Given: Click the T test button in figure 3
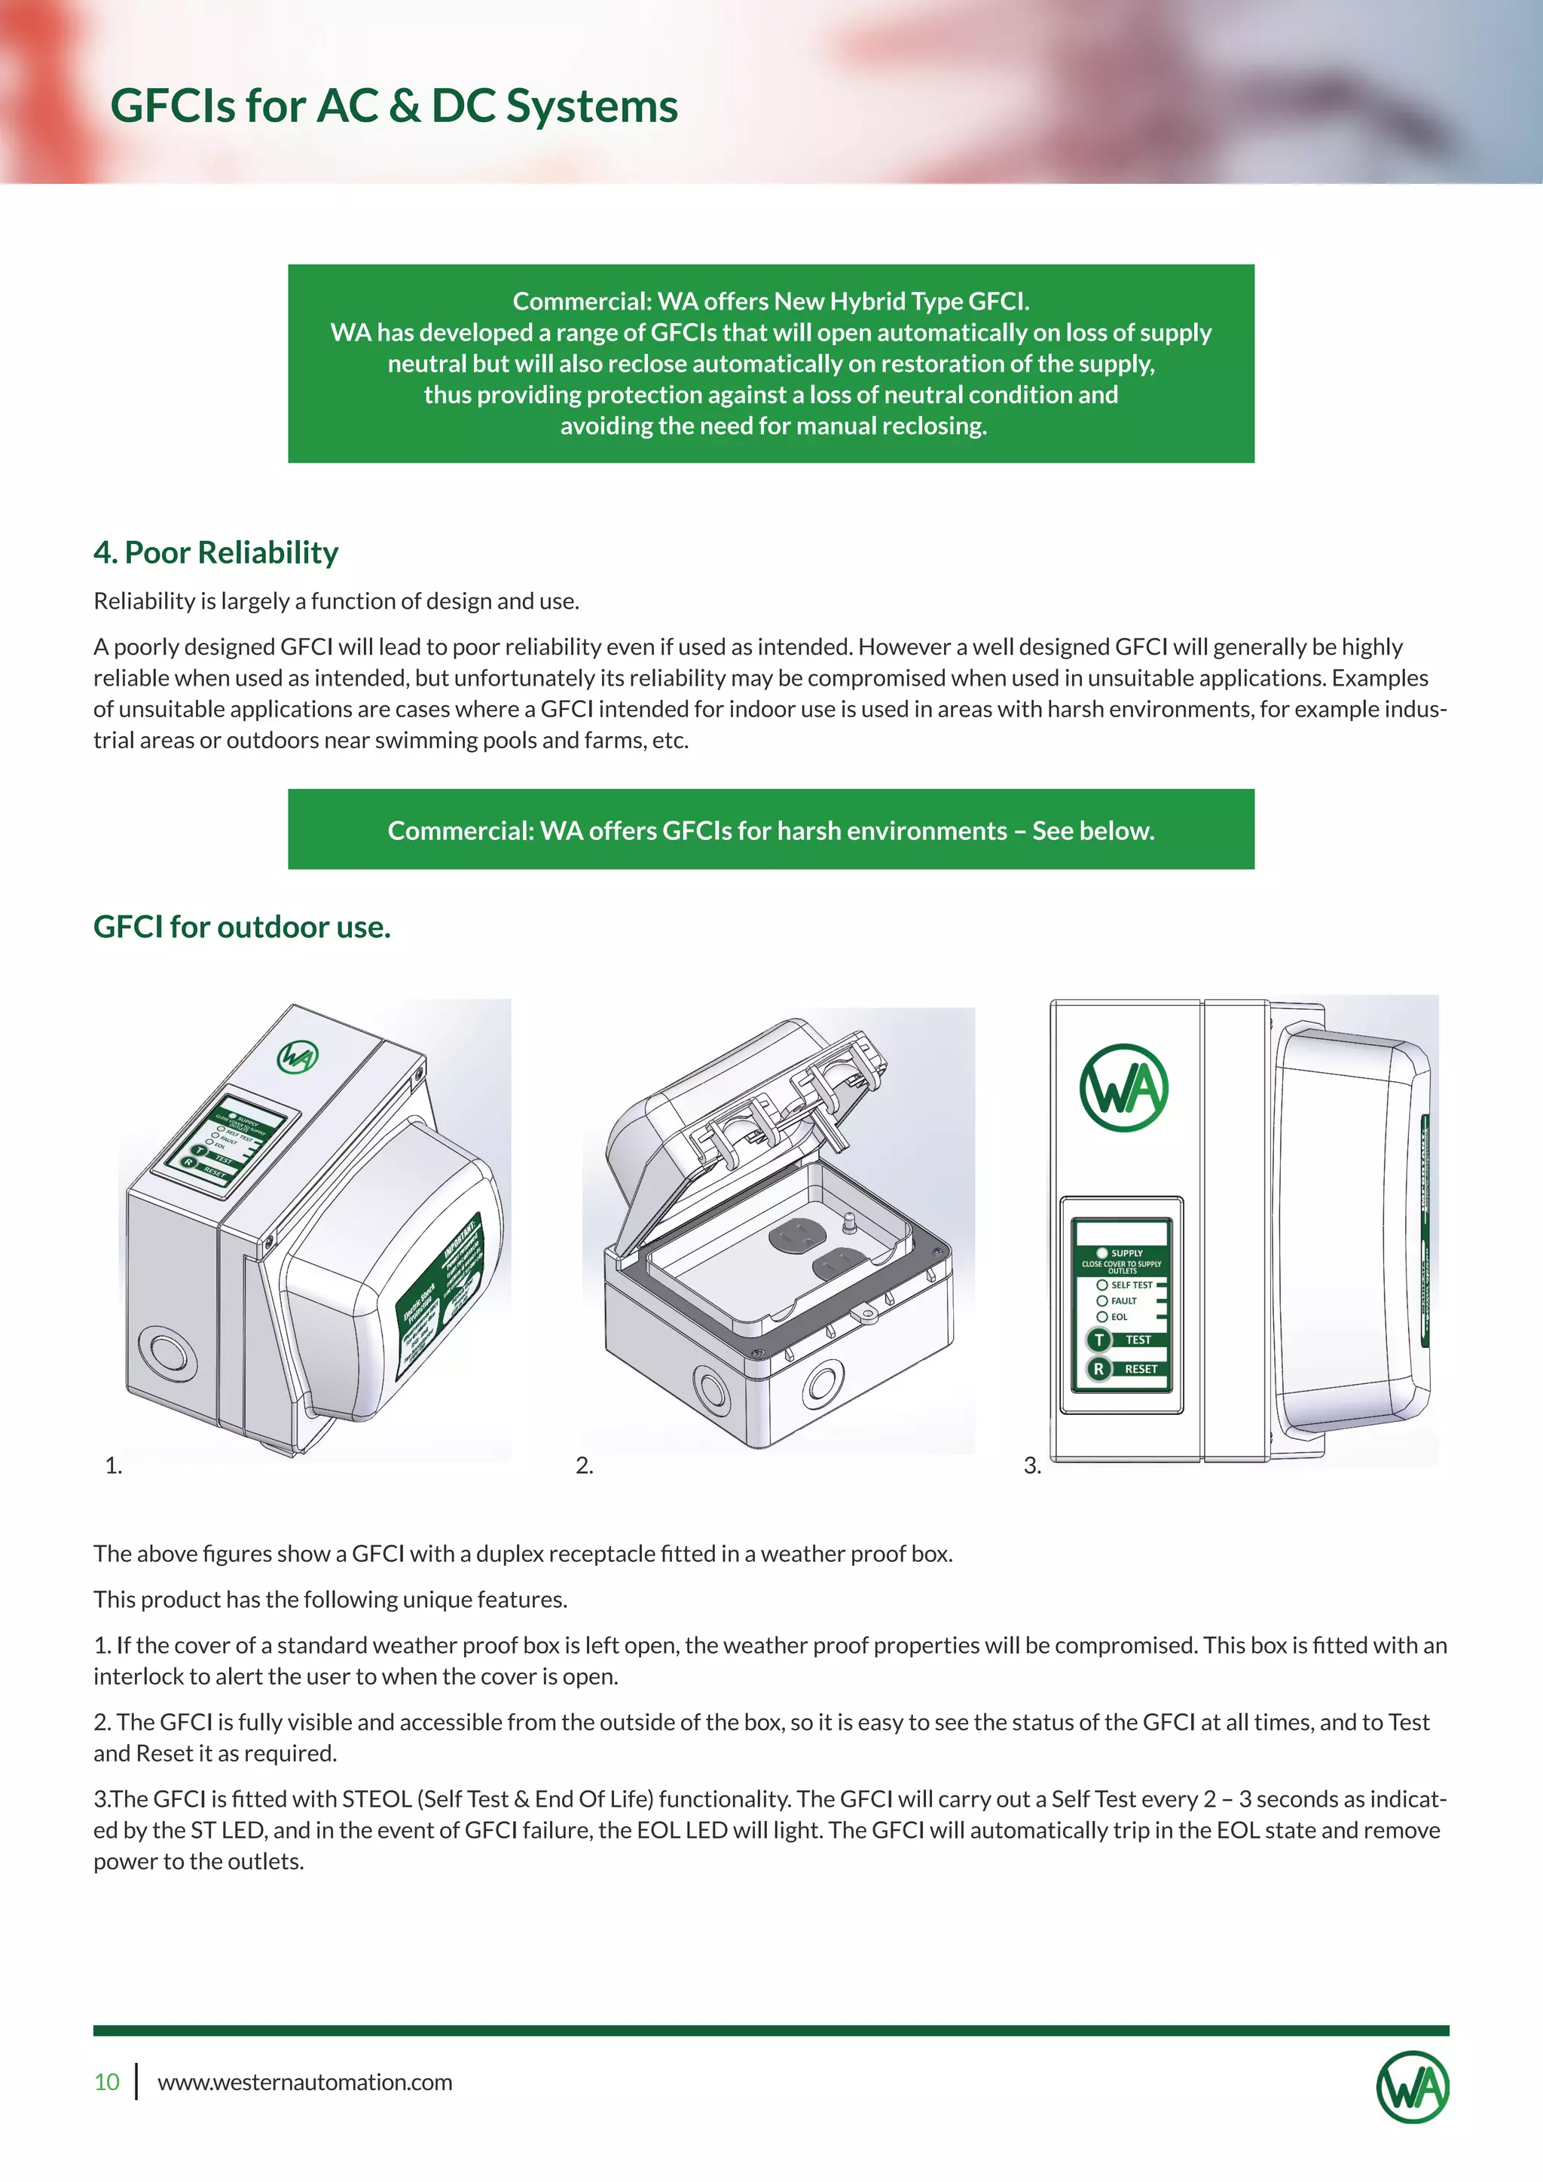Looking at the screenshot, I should coord(1099,1340).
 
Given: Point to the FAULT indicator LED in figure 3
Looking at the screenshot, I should coord(1102,1300).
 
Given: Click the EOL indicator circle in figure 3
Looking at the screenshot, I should coord(1102,1316).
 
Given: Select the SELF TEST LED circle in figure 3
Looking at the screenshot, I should coord(1102,1285).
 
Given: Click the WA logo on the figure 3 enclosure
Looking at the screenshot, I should coord(1124,1088).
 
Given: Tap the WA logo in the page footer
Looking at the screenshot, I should coord(1413,2087).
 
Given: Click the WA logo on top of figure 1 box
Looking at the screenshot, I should coord(298,1057).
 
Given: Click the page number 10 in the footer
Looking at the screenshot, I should coord(106,2083).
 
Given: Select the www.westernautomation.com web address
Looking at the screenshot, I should coord(305,2083).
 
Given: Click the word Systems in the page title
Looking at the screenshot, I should coord(592,105).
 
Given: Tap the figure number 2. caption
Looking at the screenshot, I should coord(585,1465).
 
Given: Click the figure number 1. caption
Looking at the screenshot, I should coord(113,1465).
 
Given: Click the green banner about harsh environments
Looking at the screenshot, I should coord(771,830).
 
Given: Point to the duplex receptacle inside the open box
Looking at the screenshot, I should coord(817,1252).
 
